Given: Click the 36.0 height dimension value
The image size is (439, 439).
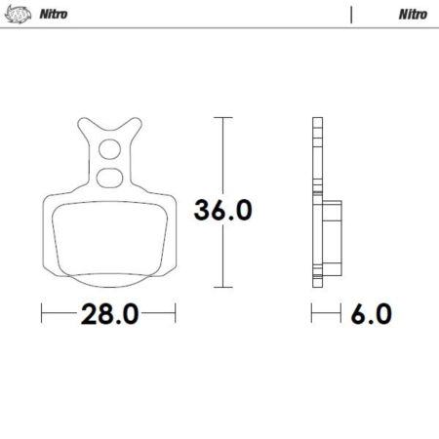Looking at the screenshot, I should click(x=223, y=210).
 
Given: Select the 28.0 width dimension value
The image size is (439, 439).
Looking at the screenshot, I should click(x=107, y=313).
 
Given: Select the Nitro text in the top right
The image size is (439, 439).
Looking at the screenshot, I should click(x=410, y=15).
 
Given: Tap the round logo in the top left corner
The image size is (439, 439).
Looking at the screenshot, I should click(x=17, y=15).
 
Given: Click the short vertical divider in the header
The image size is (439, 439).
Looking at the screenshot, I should click(x=350, y=15).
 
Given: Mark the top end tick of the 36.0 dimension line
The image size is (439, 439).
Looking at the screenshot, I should click(x=223, y=118).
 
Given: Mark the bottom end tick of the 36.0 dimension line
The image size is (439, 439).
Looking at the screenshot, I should click(x=223, y=289).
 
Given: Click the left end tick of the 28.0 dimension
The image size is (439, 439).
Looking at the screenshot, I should click(x=41, y=313).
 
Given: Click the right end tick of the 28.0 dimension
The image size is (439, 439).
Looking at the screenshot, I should click(x=175, y=313).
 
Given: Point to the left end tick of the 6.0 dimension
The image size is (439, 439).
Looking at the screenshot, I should click(x=312, y=313).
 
